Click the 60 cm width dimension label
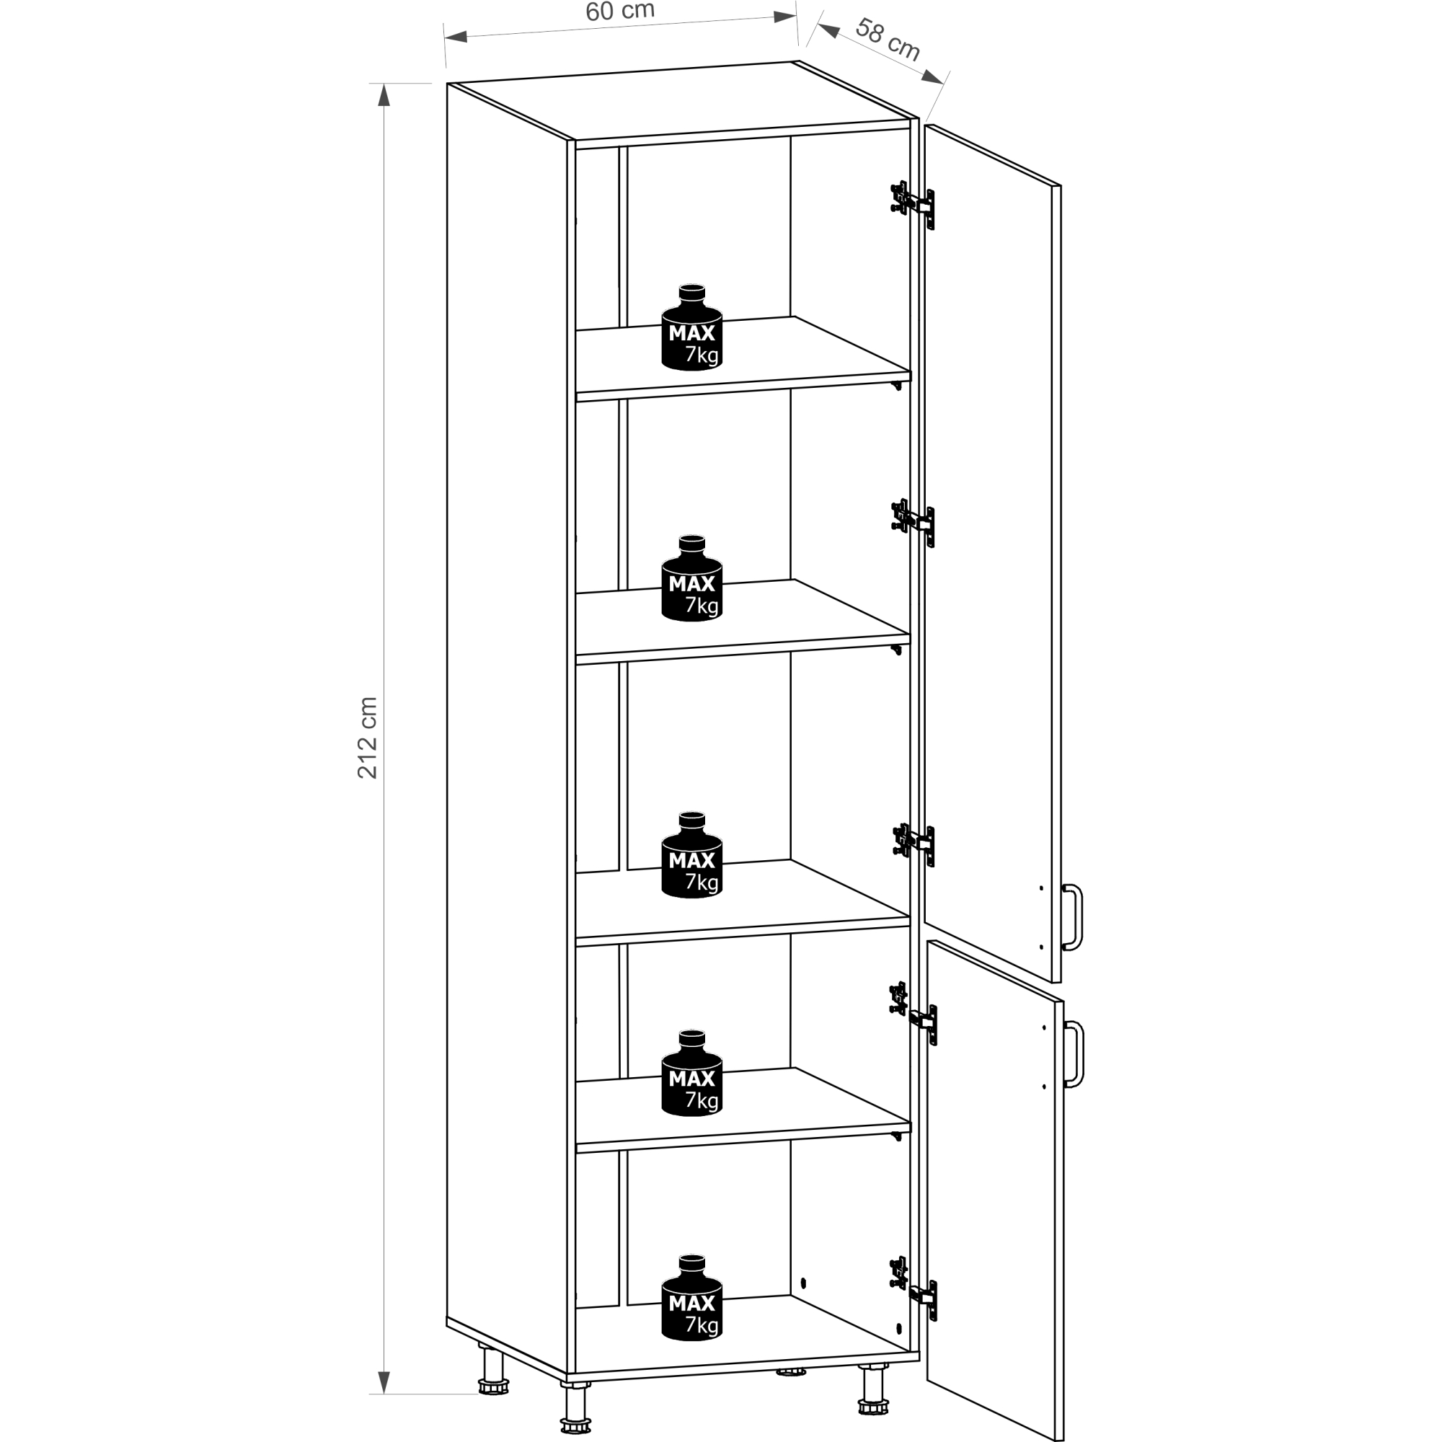click(x=619, y=12)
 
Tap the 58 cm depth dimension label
click(x=888, y=40)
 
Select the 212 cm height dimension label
click(x=367, y=738)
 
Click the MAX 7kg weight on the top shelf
click(x=692, y=327)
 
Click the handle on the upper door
click(x=1073, y=917)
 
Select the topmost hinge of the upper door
click(x=912, y=203)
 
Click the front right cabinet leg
click(x=872, y=1390)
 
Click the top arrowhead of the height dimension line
click(x=384, y=94)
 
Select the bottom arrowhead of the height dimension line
click(x=384, y=1381)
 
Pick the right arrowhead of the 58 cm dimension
click(x=933, y=78)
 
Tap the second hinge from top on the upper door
click(x=913, y=521)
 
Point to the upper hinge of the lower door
click(x=914, y=1014)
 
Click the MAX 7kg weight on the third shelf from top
click(x=692, y=854)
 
